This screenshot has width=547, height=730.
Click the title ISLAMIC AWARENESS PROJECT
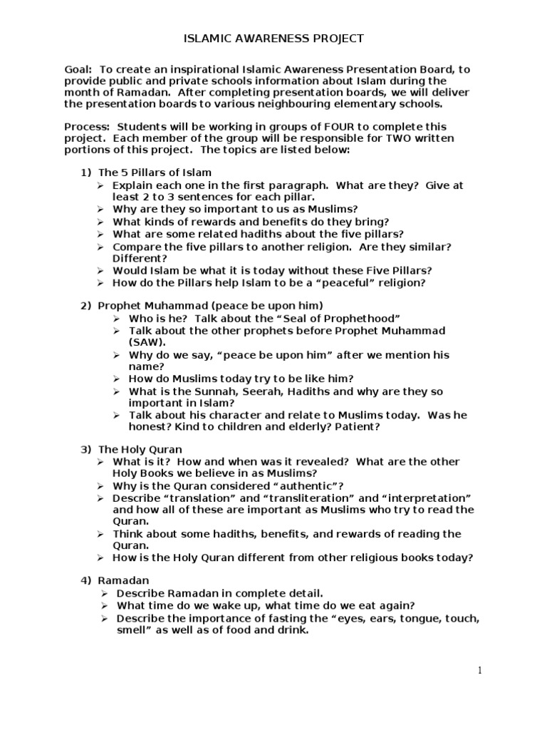tap(274, 38)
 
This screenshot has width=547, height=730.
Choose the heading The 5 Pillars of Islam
tap(155, 173)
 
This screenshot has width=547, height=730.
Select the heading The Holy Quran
tap(140, 450)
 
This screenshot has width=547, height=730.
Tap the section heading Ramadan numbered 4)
tap(123, 581)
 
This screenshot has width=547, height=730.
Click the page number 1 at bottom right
tap(480, 669)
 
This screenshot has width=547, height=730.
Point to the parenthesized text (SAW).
tap(147, 342)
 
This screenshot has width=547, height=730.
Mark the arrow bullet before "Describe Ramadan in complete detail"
tap(104, 594)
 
